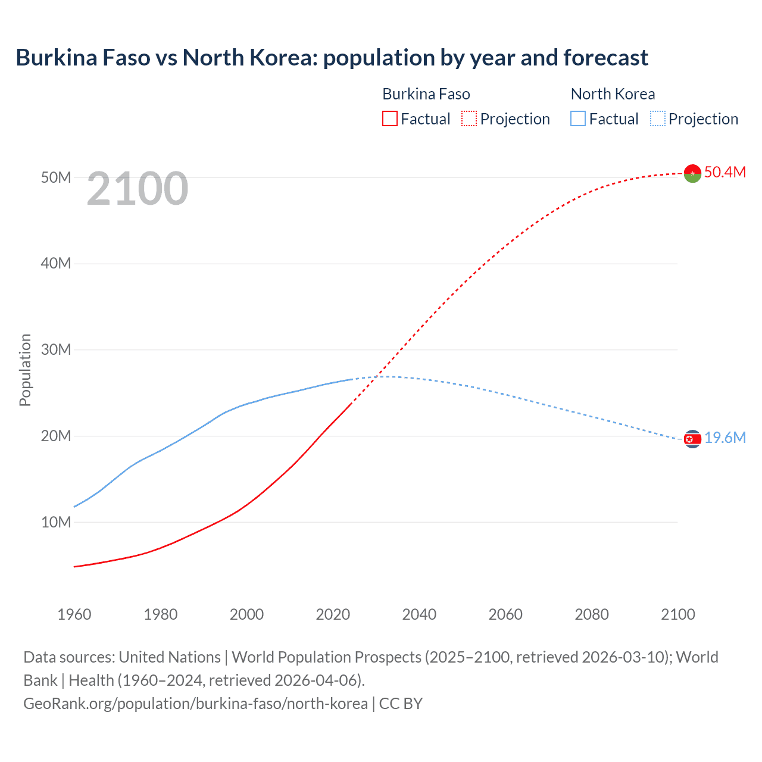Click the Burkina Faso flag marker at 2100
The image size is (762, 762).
[x=692, y=173]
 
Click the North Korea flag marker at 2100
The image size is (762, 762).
[x=692, y=439]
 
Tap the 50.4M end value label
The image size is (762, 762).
[x=724, y=172]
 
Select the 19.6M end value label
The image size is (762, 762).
[x=724, y=438]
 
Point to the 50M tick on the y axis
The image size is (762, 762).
[x=56, y=177]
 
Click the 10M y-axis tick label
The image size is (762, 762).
[x=56, y=522]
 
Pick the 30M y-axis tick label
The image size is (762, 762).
[x=56, y=349]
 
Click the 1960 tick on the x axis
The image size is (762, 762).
[x=74, y=614]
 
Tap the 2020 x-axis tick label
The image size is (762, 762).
[x=333, y=614]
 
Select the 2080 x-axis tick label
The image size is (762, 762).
[x=591, y=614]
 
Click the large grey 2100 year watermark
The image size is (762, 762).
[x=138, y=189]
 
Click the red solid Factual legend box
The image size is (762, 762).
[x=389, y=119]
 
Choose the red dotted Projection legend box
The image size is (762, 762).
[x=469, y=119]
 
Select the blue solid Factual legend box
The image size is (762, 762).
[x=578, y=119]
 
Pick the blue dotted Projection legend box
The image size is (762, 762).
[x=658, y=119]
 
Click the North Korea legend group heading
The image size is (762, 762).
[x=613, y=94]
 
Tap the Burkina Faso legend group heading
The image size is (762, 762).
[x=426, y=94]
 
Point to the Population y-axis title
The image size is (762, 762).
[x=25, y=370]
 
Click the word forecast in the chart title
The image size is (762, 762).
[x=605, y=58]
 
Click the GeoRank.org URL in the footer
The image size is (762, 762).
[x=195, y=704]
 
